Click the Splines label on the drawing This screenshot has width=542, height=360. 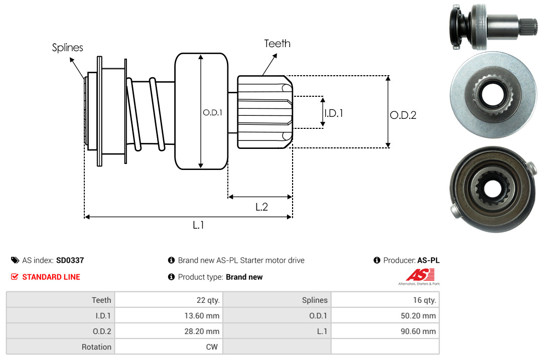(67, 47)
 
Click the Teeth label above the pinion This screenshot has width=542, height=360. (277, 44)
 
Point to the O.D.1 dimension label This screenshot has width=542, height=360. (213, 112)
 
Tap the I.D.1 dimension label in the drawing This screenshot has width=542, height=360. (334, 113)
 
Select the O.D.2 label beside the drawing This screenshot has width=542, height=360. (403, 115)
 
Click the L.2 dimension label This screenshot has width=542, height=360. (261, 207)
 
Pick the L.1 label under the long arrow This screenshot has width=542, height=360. (198, 225)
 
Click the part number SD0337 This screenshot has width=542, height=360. (70, 261)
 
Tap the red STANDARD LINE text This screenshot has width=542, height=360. (51, 277)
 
